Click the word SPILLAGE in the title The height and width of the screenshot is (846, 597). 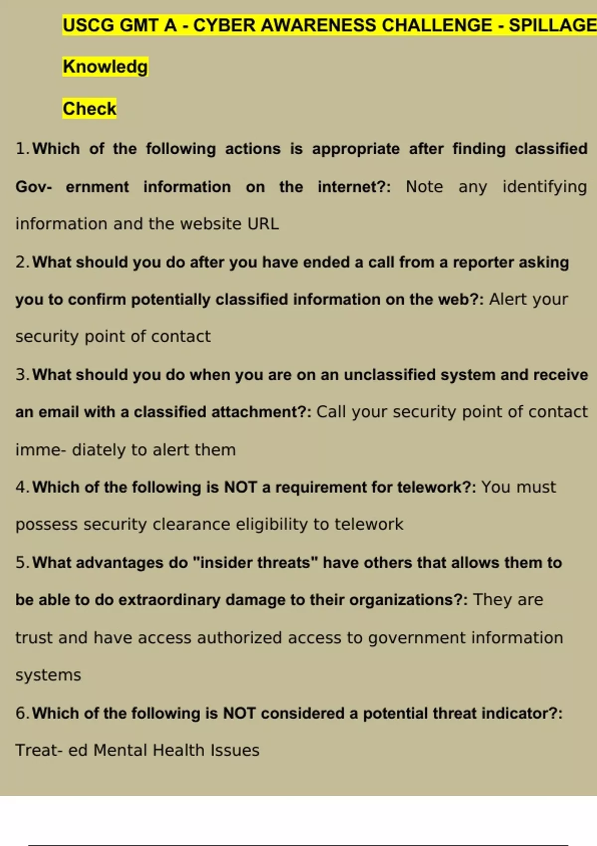click(552, 25)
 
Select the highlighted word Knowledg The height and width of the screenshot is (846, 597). click(105, 67)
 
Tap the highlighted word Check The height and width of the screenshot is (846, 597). click(90, 108)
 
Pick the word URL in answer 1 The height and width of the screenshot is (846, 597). click(263, 224)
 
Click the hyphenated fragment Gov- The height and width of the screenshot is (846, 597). click(33, 187)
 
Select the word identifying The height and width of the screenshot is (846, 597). click(544, 187)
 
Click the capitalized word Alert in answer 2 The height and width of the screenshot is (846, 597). click(508, 299)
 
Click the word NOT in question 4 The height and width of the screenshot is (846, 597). click(240, 487)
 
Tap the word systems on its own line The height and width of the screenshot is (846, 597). click(48, 675)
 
